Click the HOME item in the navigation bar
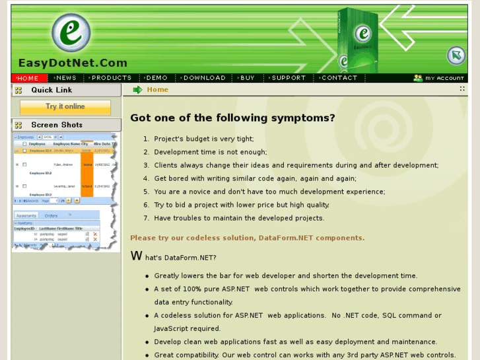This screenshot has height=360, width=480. point(28,78)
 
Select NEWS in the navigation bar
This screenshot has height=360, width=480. point(65,78)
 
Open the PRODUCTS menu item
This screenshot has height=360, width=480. point(111,78)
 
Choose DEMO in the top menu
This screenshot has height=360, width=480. point(156,78)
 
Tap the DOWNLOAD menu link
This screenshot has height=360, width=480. point(204,78)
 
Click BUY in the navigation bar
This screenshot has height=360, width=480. point(248,78)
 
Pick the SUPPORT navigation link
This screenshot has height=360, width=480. point(289,78)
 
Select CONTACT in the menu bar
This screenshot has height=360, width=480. point(339,78)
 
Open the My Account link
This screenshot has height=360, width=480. point(439,78)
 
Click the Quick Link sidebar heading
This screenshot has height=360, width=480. point(51,90)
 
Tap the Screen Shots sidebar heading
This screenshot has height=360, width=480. point(57,125)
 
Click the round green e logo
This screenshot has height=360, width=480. point(71,33)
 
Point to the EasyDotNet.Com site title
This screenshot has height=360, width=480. point(73,63)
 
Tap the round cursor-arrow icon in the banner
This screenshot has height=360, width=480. point(456,55)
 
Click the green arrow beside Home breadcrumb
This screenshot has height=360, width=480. point(137,90)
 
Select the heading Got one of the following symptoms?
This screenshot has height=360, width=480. point(232,118)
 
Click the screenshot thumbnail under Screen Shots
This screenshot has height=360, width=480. point(65,192)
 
